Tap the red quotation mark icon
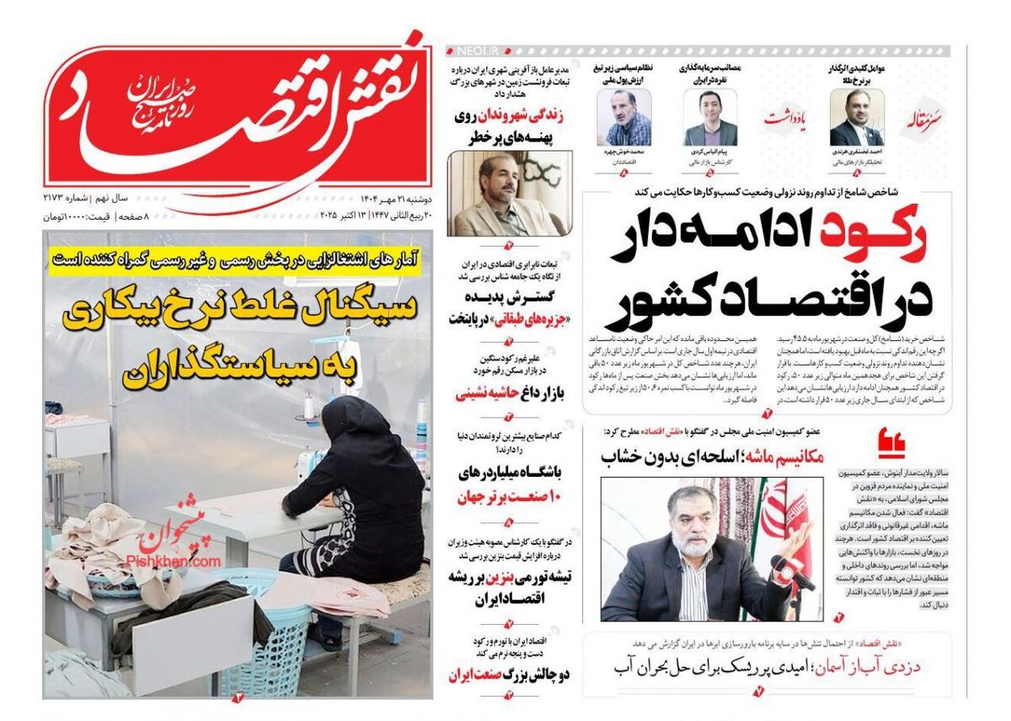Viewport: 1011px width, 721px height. [891, 440]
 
